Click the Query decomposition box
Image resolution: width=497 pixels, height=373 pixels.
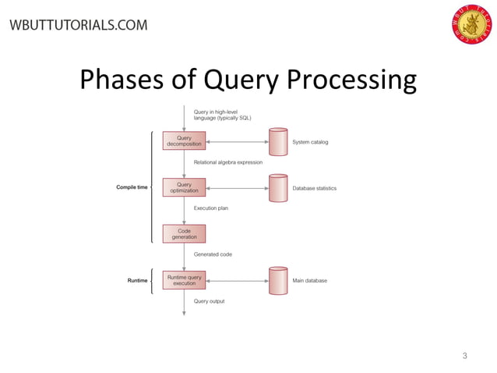click(184, 141)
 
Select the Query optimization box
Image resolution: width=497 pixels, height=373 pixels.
click(184, 188)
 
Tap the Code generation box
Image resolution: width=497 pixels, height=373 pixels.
click(184, 233)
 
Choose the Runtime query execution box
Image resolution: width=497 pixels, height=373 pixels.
click(184, 280)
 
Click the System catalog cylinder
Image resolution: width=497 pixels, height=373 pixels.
click(277, 142)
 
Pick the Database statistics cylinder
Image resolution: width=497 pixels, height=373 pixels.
click(277, 188)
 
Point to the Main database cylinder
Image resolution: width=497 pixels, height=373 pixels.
click(277, 280)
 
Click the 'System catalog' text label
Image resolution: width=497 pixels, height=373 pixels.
click(310, 142)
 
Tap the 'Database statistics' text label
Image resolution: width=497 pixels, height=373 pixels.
click(314, 188)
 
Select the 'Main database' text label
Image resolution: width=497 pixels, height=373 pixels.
click(309, 280)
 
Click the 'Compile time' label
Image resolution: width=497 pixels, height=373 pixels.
click(132, 188)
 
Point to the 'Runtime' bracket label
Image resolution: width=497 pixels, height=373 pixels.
click(137, 280)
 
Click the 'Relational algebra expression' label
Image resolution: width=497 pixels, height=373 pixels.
click(227, 162)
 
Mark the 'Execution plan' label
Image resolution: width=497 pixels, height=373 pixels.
click(210, 208)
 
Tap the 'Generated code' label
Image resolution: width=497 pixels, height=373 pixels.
click(213, 254)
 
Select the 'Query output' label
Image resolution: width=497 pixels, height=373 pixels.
click(209, 301)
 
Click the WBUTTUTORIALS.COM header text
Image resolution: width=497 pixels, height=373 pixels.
click(78, 25)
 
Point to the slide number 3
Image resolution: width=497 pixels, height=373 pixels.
click(464, 356)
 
